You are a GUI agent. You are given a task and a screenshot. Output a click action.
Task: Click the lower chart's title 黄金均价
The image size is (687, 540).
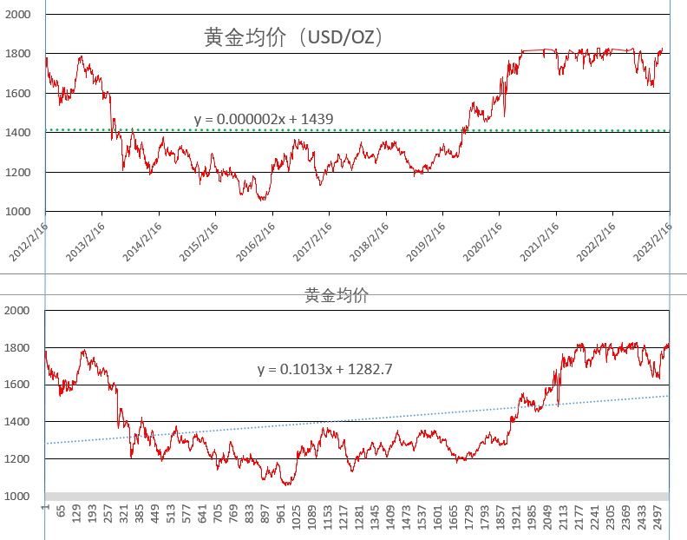pyautogui.click(x=337, y=295)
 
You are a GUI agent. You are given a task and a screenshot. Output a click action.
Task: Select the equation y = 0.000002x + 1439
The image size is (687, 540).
pyautogui.click(x=264, y=119)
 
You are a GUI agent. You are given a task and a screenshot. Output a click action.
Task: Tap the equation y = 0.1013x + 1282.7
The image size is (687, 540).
pyautogui.click(x=325, y=369)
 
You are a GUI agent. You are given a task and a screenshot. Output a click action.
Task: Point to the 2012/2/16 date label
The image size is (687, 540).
pyautogui.click(x=29, y=237)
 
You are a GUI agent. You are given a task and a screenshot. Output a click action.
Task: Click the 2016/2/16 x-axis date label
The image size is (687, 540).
pyautogui.click(x=256, y=237)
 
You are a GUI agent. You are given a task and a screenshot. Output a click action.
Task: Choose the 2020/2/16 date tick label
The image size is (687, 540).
pyautogui.click(x=483, y=237)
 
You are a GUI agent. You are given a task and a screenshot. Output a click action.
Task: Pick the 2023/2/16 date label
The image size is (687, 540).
pyautogui.click(x=653, y=237)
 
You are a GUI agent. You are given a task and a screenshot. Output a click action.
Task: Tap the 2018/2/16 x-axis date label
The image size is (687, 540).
pyautogui.click(x=370, y=237)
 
